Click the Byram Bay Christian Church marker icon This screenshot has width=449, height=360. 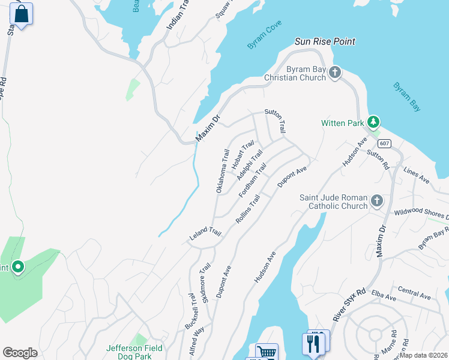(x=335, y=73)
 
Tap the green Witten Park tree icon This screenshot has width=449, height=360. (x=373, y=122)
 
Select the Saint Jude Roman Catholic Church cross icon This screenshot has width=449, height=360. (x=376, y=200)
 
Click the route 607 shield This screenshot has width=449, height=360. (x=385, y=143)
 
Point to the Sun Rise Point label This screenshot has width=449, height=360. (x=325, y=41)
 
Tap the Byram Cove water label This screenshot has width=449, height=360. (x=264, y=38)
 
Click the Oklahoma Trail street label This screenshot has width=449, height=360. (x=223, y=170)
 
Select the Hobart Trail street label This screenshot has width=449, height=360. (x=243, y=154)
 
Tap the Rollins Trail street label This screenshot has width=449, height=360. (x=248, y=209)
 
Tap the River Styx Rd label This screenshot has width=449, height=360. (x=349, y=305)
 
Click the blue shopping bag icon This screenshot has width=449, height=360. (x=22, y=14)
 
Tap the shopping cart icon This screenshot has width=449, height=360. (x=266, y=352)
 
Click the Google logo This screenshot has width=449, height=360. (x=20, y=352)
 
